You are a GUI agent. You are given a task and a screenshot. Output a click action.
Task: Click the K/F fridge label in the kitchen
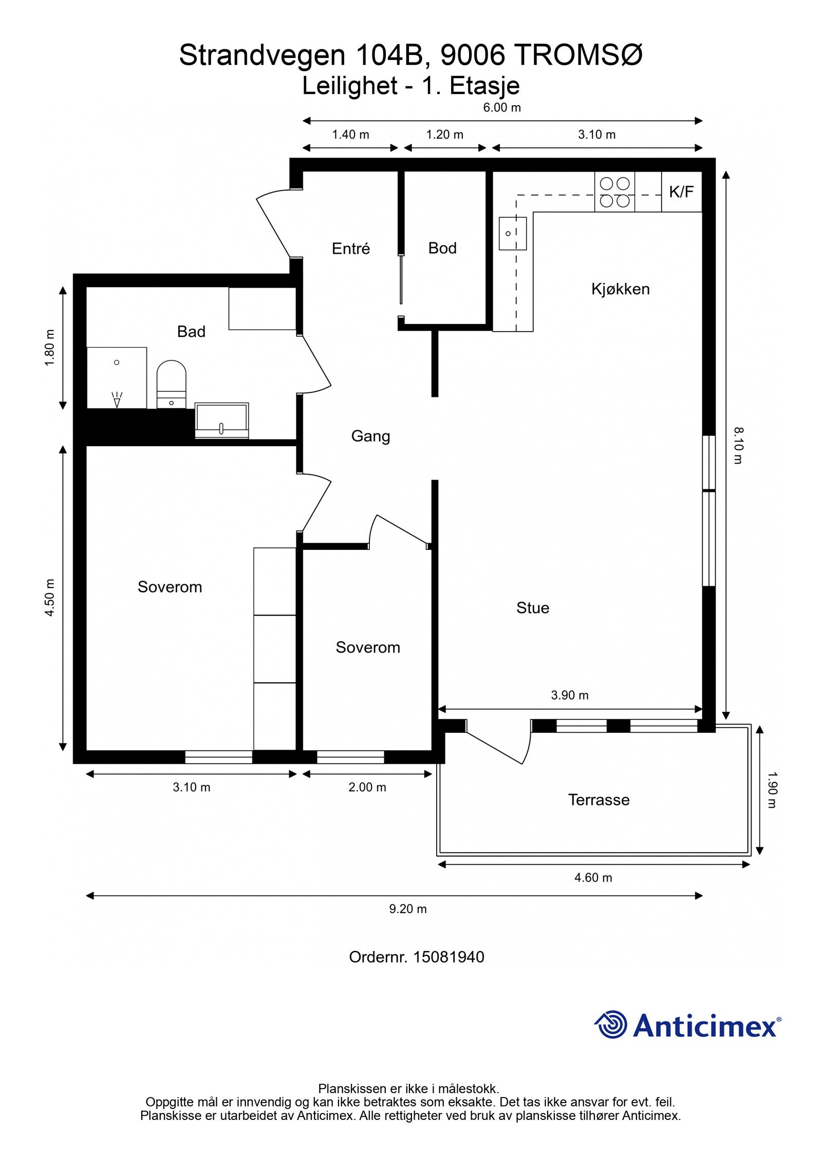[681, 192]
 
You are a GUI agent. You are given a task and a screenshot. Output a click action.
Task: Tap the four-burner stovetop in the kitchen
[615, 192]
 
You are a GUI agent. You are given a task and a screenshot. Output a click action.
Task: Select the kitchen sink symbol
[513, 233]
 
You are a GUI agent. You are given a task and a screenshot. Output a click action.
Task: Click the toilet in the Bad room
[171, 384]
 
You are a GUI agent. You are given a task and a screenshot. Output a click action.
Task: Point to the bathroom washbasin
[222, 421]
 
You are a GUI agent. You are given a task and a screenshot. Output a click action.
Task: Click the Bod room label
[442, 249]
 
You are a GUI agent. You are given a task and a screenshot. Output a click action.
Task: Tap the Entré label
[351, 249]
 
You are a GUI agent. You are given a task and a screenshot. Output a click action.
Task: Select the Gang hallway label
[370, 436]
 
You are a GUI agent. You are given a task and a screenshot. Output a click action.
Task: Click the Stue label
[533, 608]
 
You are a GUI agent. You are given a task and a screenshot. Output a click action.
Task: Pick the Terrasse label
[599, 800]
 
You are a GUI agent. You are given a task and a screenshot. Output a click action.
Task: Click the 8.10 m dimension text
[738, 446]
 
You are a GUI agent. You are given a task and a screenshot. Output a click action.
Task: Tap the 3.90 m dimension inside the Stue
[570, 695]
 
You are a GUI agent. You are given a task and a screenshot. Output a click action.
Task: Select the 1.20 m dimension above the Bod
[445, 135]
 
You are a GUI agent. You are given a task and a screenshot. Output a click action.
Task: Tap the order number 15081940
[449, 957]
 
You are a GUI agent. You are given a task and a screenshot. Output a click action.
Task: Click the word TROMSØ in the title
[578, 55]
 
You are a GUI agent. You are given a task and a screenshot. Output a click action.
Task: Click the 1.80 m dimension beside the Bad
[50, 348]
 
